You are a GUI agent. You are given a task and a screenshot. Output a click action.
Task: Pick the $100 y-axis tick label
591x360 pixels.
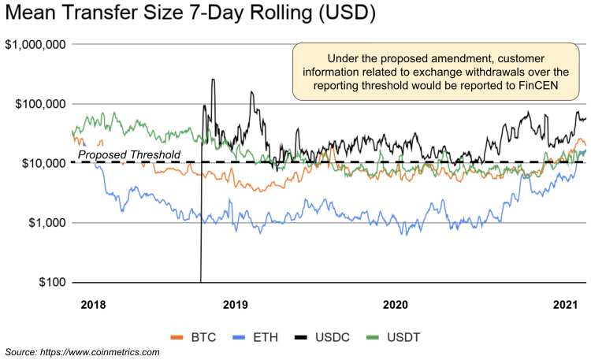click(52, 282)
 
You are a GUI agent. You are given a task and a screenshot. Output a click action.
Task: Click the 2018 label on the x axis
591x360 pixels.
click(93, 303)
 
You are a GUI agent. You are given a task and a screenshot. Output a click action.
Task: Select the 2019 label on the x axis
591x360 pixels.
click(235, 303)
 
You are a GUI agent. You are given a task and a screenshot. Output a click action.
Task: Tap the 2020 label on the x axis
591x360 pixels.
click(394, 303)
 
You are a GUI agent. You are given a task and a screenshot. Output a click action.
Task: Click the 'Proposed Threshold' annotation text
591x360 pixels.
click(129, 154)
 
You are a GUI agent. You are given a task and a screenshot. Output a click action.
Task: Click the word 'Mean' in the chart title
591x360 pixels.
click(36, 14)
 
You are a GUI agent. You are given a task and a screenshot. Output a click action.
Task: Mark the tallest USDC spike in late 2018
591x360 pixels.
click(213, 80)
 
